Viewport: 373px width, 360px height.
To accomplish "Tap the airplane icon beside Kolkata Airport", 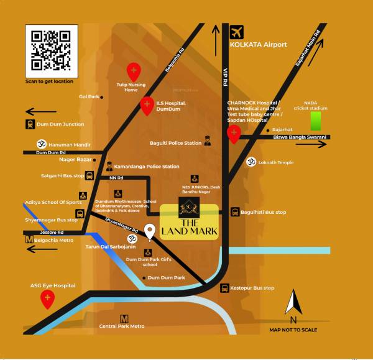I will click(x=236, y=32).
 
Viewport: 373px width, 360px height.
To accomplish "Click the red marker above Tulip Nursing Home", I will click(x=133, y=72).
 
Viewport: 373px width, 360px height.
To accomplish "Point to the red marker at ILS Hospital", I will click(x=147, y=106).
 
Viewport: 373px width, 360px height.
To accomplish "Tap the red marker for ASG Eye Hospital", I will click(x=48, y=300).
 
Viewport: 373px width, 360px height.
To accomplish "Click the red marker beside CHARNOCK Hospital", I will click(x=234, y=134).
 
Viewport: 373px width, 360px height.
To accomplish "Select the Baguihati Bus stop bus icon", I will click(x=235, y=212).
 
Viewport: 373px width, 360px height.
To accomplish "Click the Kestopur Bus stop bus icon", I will click(x=225, y=288).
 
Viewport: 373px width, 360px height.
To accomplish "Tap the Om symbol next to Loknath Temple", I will click(x=252, y=161).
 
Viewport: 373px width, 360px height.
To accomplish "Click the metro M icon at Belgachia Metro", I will click(x=29, y=238).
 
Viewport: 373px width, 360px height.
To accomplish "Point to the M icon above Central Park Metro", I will click(x=124, y=318).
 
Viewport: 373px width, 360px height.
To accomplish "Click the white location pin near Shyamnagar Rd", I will click(x=149, y=232).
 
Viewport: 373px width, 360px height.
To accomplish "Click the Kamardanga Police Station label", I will click(x=147, y=167).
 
